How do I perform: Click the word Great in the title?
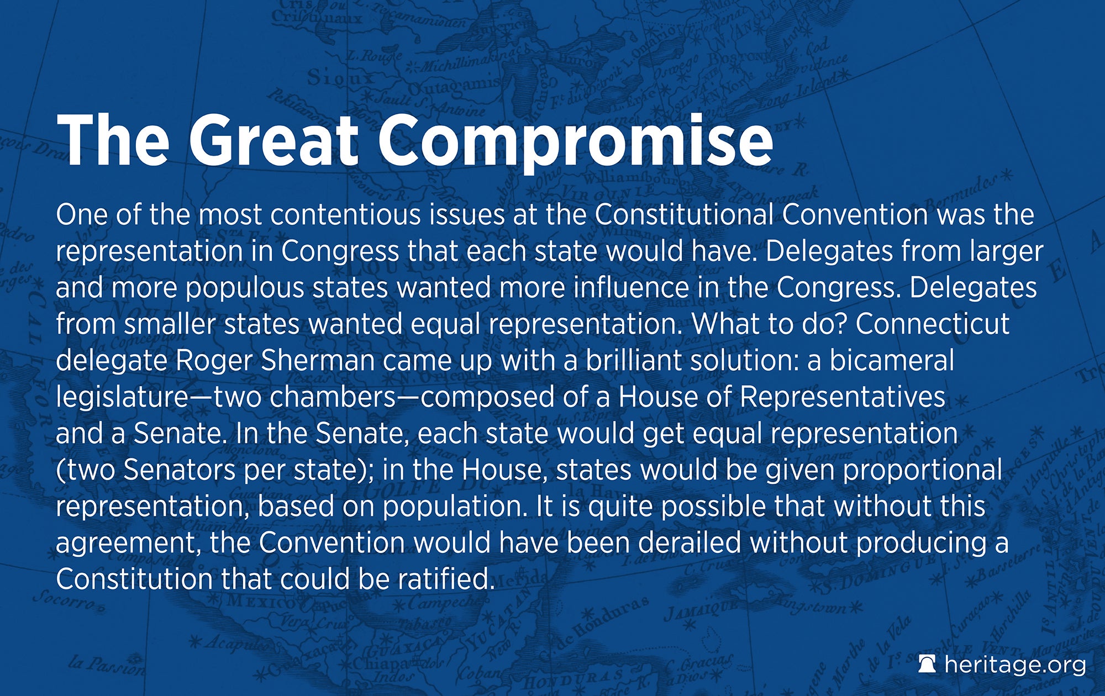274,140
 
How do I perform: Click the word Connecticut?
933,324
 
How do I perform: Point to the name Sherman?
318,360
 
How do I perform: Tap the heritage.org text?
1015,665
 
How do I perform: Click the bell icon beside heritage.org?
927,664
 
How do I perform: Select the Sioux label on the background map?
340,77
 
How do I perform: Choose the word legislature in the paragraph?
122,398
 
